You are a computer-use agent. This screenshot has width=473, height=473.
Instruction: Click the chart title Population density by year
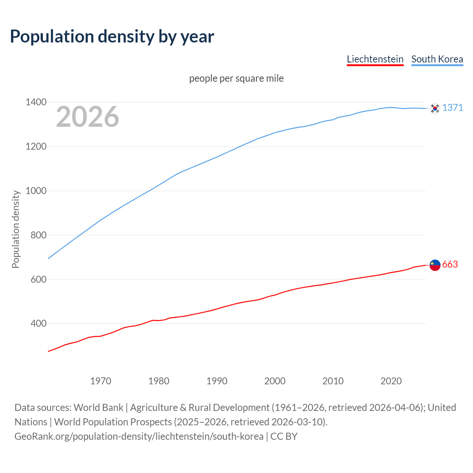click(x=112, y=37)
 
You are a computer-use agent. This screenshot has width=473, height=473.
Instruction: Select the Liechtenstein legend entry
click(x=375, y=59)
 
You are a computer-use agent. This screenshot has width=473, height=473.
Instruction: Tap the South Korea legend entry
click(x=437, y=59)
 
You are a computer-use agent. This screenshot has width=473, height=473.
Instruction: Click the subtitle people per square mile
click(x=236, y=79)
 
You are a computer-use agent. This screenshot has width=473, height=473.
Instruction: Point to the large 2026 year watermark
click(x=88, y=117)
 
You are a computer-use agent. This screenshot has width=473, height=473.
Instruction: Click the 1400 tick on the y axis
click(x=36, y=102)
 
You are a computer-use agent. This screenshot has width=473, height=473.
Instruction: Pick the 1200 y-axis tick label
click(x=36, y=147)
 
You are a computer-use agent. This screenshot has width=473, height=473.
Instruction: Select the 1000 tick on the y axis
click(x=36, y=191)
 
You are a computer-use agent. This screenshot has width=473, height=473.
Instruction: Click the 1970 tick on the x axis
click(x=101, y=381)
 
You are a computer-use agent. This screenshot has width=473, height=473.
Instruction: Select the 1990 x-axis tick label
click(x=217, y=381)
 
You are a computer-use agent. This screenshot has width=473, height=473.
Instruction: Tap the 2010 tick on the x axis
click(x=333, y=381)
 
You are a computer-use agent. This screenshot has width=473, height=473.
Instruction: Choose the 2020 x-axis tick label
click(x=391, y=381)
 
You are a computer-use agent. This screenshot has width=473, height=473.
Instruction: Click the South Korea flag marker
click(x=435, y=108)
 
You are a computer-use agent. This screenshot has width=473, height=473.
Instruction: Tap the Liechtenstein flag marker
click(x=435, y=265)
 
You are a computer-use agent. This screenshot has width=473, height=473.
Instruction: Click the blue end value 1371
click(x=453, y=108)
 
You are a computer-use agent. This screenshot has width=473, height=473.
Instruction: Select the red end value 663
click(x=450, y=265)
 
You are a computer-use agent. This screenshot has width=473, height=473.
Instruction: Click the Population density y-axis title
click(x=16, y=229)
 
